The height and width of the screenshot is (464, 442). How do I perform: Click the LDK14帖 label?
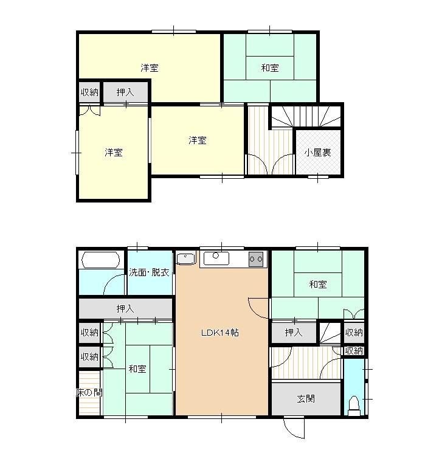coord(220,333)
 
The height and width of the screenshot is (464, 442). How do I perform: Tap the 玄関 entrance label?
coord(306,399)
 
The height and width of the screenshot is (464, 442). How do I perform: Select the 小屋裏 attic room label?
coord(317,153)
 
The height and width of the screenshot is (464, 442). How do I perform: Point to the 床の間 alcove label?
coord(89,393)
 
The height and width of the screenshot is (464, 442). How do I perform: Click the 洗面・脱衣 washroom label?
coord(149,272)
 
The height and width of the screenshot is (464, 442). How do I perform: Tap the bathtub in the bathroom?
coord(101,260)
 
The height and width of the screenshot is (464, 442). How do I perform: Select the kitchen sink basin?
coord(216,258)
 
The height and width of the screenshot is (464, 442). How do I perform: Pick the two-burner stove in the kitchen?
coord(256,259)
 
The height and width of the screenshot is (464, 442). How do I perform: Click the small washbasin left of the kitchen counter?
coord(186,258)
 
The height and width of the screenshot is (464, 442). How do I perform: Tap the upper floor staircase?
coord(306,116)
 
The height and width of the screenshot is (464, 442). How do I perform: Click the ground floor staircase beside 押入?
coord(330,333)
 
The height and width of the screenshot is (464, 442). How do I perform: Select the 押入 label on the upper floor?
coord(125,92)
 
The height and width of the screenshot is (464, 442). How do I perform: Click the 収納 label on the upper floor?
coord(89,92)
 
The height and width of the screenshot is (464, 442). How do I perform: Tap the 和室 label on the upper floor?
coord(270,68)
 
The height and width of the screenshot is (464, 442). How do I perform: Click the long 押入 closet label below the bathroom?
coord(125,309)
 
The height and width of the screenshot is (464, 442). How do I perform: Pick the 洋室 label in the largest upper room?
coord(150,68)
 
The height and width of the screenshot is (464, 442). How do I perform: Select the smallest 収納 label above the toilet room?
coord(354,351)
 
